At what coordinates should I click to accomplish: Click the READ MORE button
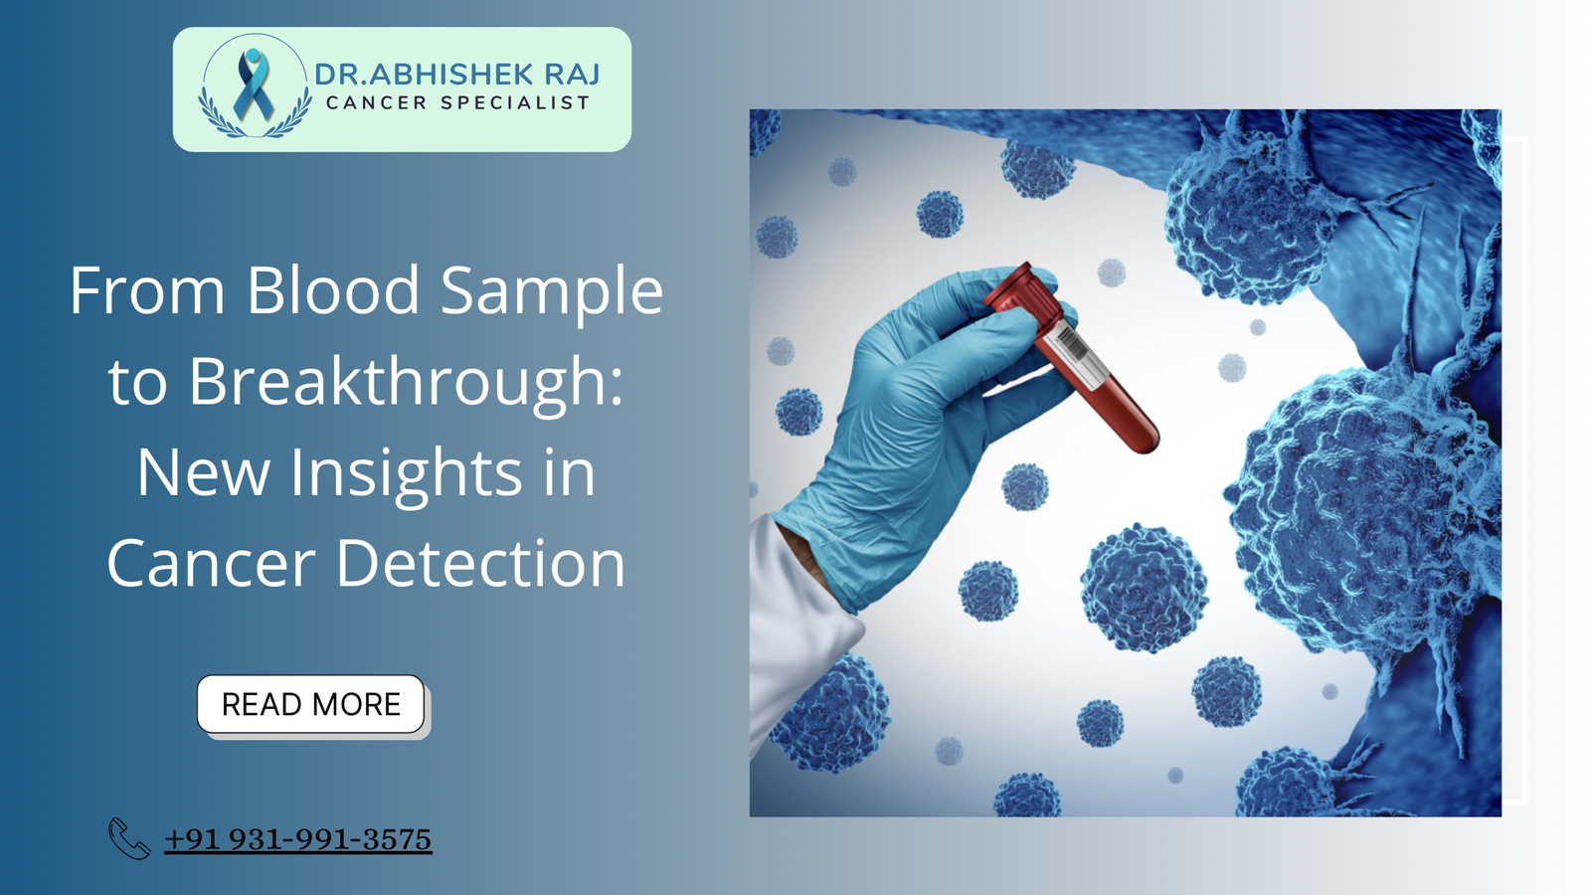tap(310, 704)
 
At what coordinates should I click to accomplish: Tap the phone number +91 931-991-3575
tap(297, 839)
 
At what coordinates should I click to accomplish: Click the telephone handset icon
tap(129, 838)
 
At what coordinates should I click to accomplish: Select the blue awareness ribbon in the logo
tap(253, 85)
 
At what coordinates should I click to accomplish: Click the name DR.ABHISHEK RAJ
tap(457, 75)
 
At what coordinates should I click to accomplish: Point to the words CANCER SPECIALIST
tap(457, 102)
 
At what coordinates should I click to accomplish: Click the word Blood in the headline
tap(333, 291)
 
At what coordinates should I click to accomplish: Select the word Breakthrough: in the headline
tap(406, 382)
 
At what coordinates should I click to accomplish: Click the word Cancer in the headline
tap(212, 564)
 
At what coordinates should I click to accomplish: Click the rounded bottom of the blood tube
tap(1144, 439)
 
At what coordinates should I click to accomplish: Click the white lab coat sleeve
tap(795, 617)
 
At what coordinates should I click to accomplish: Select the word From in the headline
tap(147, 291)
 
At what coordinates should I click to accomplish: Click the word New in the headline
tap(204, 472)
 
